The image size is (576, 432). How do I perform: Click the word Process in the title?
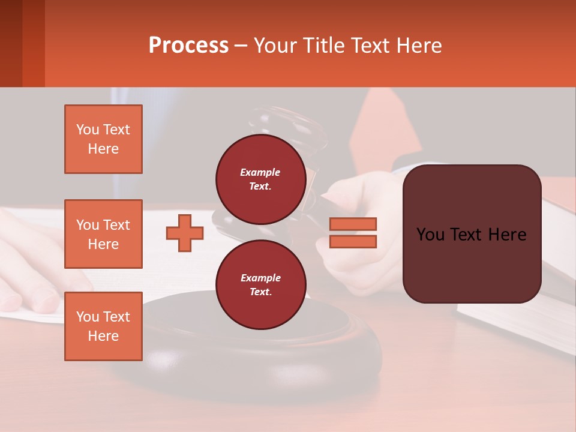coord(188,45)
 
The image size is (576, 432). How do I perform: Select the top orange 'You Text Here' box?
coord(103,139)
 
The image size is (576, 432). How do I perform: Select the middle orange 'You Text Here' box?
coord(103,234)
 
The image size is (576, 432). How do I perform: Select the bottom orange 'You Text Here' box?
coord(103,326)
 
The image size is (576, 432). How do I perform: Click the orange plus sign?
coord(185,233)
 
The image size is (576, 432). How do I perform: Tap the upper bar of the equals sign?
coord(353,224)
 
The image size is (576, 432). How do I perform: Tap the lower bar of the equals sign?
coord(353,241)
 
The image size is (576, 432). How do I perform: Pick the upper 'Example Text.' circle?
coord(260,179)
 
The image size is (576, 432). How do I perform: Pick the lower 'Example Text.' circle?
coord(260,284)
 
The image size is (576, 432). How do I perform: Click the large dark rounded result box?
coord(472,234)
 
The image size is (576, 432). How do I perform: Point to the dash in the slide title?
coord(241,46)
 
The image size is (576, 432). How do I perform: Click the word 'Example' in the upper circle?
coord(260,172)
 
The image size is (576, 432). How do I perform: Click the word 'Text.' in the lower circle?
coord(260,292)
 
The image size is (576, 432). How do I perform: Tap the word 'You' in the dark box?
coord(431,235)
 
